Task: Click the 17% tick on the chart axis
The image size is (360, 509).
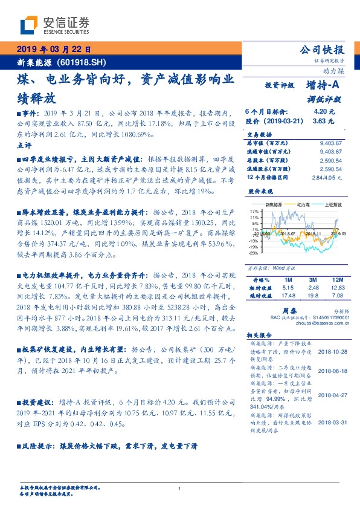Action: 253,212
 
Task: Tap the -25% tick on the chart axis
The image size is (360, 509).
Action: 253,253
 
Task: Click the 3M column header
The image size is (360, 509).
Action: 312,280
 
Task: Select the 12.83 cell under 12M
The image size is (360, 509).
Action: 336,288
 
